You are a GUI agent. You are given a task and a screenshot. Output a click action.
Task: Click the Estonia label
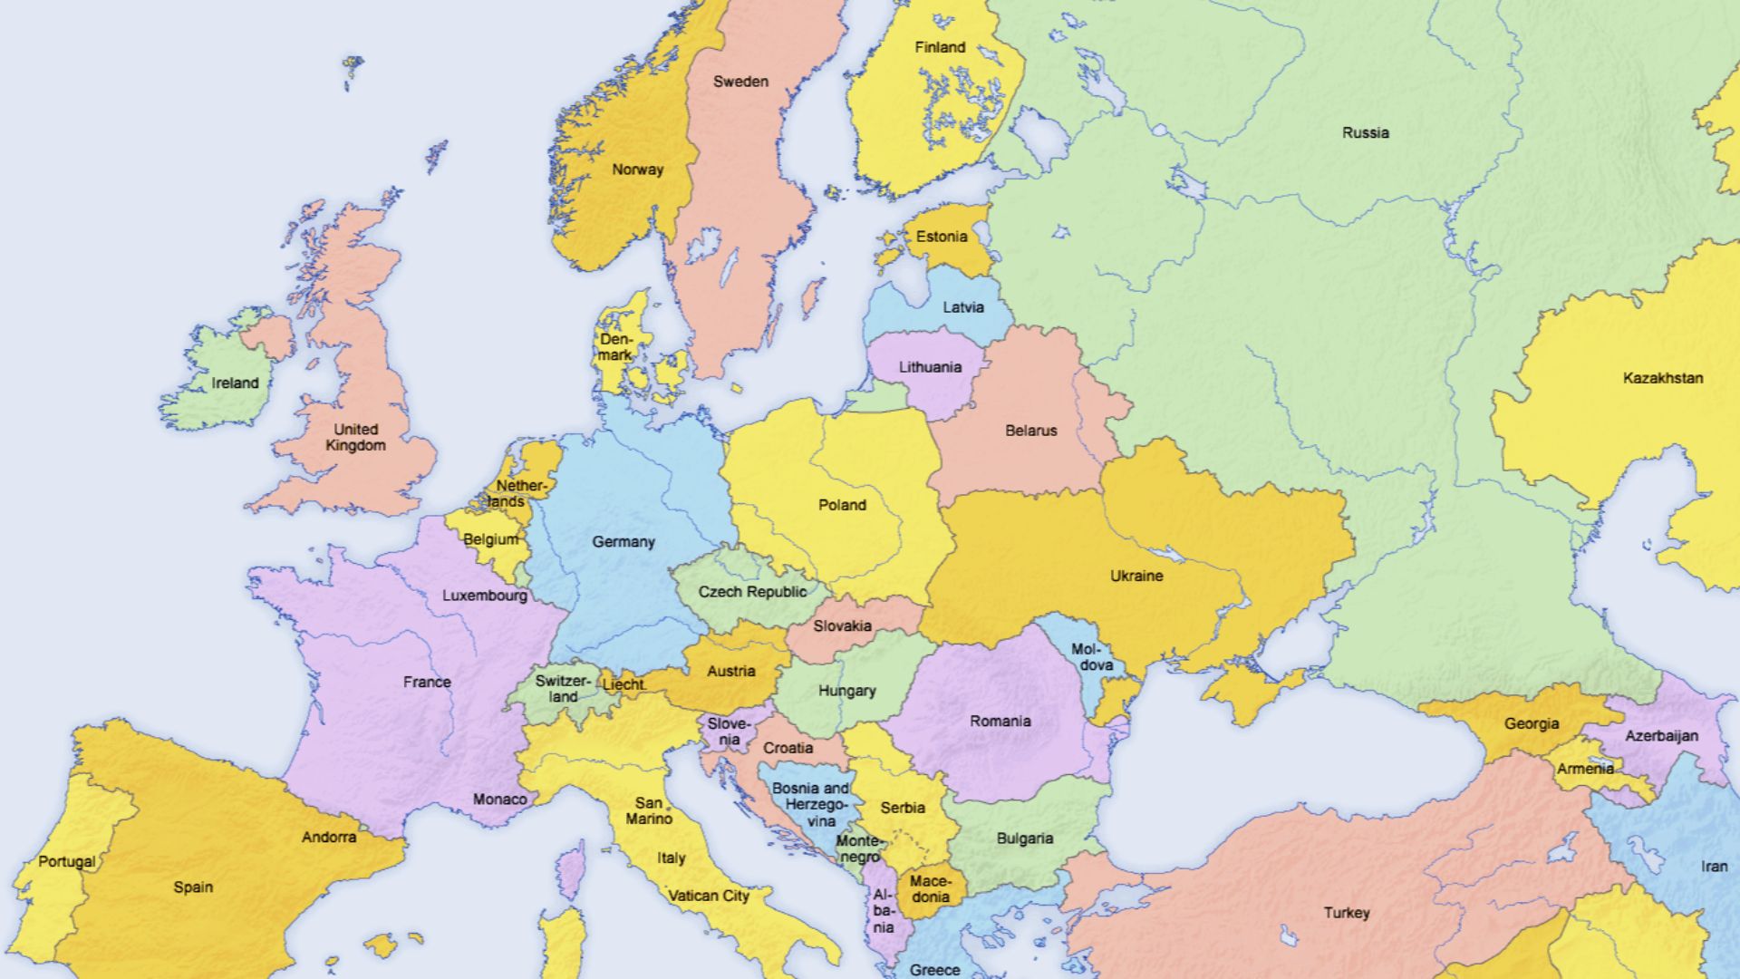pyautogui.click(x=942, y=237)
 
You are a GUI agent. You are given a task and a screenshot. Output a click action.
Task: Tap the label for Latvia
pyautogui.click(x=962, y=307)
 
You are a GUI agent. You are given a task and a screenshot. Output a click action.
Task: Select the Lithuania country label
pyautogui.click(x=930, y=367)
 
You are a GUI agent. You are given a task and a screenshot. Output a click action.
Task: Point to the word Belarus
pyautogui.click(x=1030, y=431)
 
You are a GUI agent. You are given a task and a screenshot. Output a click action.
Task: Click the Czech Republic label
pyautogui.click(x=751, y=592)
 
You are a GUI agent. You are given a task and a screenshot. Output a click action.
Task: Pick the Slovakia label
pyautogui.click(x=842, y=626)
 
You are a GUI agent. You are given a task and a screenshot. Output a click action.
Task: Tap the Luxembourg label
pyautogui.click(x=484, y=596)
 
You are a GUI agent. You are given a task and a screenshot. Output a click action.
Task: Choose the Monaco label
pyautogui.click(x=499, y=800)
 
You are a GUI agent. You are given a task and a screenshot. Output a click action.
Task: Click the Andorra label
pyautogui.click(x=328, y=838)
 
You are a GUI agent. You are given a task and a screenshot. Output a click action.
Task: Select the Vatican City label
pyautogui.click(x=708, y=897)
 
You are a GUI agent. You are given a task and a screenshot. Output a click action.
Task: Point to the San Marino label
pyautogui.click(x=649, y=810)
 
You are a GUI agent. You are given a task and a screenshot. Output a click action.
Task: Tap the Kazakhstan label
pyautogui.click(x=1662, y=378)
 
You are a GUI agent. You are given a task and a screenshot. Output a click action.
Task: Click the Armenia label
pyautogui.click(x=1585, y=769)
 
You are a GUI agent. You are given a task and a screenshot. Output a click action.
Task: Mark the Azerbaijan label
pyautogui.click(x=1660, y=736)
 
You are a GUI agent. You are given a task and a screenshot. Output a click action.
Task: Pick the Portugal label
pyautogui.click(x=66, y=861)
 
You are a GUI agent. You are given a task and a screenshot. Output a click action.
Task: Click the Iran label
pyautogui.click(x=1713, y=867)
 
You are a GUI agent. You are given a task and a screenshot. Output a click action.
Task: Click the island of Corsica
pyautogui.click(x=570, y=870)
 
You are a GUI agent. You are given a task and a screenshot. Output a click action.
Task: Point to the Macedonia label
pyautogui.click(x=930, y=888)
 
